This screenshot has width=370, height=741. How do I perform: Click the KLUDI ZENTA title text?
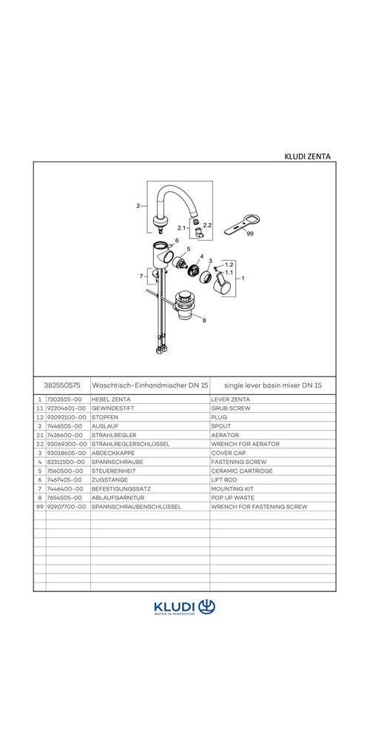pos(307,156)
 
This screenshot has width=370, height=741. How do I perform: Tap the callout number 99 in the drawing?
pos(250,233)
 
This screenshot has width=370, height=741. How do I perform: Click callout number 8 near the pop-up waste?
pos(204,321)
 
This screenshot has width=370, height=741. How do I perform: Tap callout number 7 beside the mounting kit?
pos(141,276)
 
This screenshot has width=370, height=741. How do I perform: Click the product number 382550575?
pos(62,385)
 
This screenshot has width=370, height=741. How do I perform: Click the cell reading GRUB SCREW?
pos(231,408)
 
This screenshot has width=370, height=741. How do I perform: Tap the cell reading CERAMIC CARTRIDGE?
pos(242,471)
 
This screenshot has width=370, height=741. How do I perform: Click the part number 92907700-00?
pos(67,507)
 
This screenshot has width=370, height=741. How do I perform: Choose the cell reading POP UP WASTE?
pos(232,498)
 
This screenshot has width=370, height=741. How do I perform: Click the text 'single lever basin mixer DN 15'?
pos(273,385)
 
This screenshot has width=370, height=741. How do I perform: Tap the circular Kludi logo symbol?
pos(206,606)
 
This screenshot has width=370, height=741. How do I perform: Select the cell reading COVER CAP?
pos(229,453)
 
